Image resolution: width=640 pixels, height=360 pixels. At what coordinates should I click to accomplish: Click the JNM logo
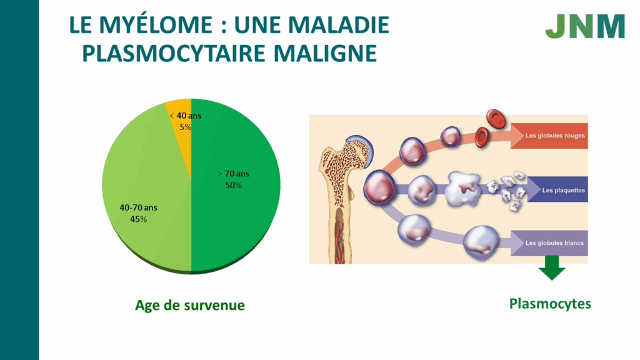pyautogui.click(x=585, y=26)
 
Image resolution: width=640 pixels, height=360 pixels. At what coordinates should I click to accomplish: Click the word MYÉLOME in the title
pyautogui.click(x=156, y=25)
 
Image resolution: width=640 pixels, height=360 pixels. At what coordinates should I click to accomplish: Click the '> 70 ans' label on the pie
pyautogui.click(x=233, y=174)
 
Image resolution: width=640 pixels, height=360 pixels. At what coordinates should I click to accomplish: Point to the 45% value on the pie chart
pyautogui.click(x=138, y=219)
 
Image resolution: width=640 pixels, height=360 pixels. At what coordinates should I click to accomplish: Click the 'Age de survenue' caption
pyautogui.click(x=190, y=305)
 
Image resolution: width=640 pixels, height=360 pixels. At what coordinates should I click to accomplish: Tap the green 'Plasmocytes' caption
pyautogui.click(x=550, y=304)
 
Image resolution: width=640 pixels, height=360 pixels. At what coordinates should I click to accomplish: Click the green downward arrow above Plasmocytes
pyautogui.click(x=552, y=268)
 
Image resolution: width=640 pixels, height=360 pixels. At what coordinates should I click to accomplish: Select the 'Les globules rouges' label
pyautogui.click(x=555, y=136)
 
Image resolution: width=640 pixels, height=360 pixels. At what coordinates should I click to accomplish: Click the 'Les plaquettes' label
pyautogui.click(x=563, y=190)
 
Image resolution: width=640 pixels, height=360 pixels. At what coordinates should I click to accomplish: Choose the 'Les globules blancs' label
pyautogui.click(x=554, y=243)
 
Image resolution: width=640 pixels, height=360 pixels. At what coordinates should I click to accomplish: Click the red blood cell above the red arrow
pyautogui.click(x=496, y=119)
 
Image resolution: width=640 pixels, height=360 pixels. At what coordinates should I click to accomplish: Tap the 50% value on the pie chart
pyautogui.click(x=234, y=185)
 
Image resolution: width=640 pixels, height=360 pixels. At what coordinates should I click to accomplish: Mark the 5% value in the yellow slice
pyautogui.click(x=185, y=127)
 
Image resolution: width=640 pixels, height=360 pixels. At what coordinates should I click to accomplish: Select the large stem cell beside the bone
pyautogui.click(x=379, y=187)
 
